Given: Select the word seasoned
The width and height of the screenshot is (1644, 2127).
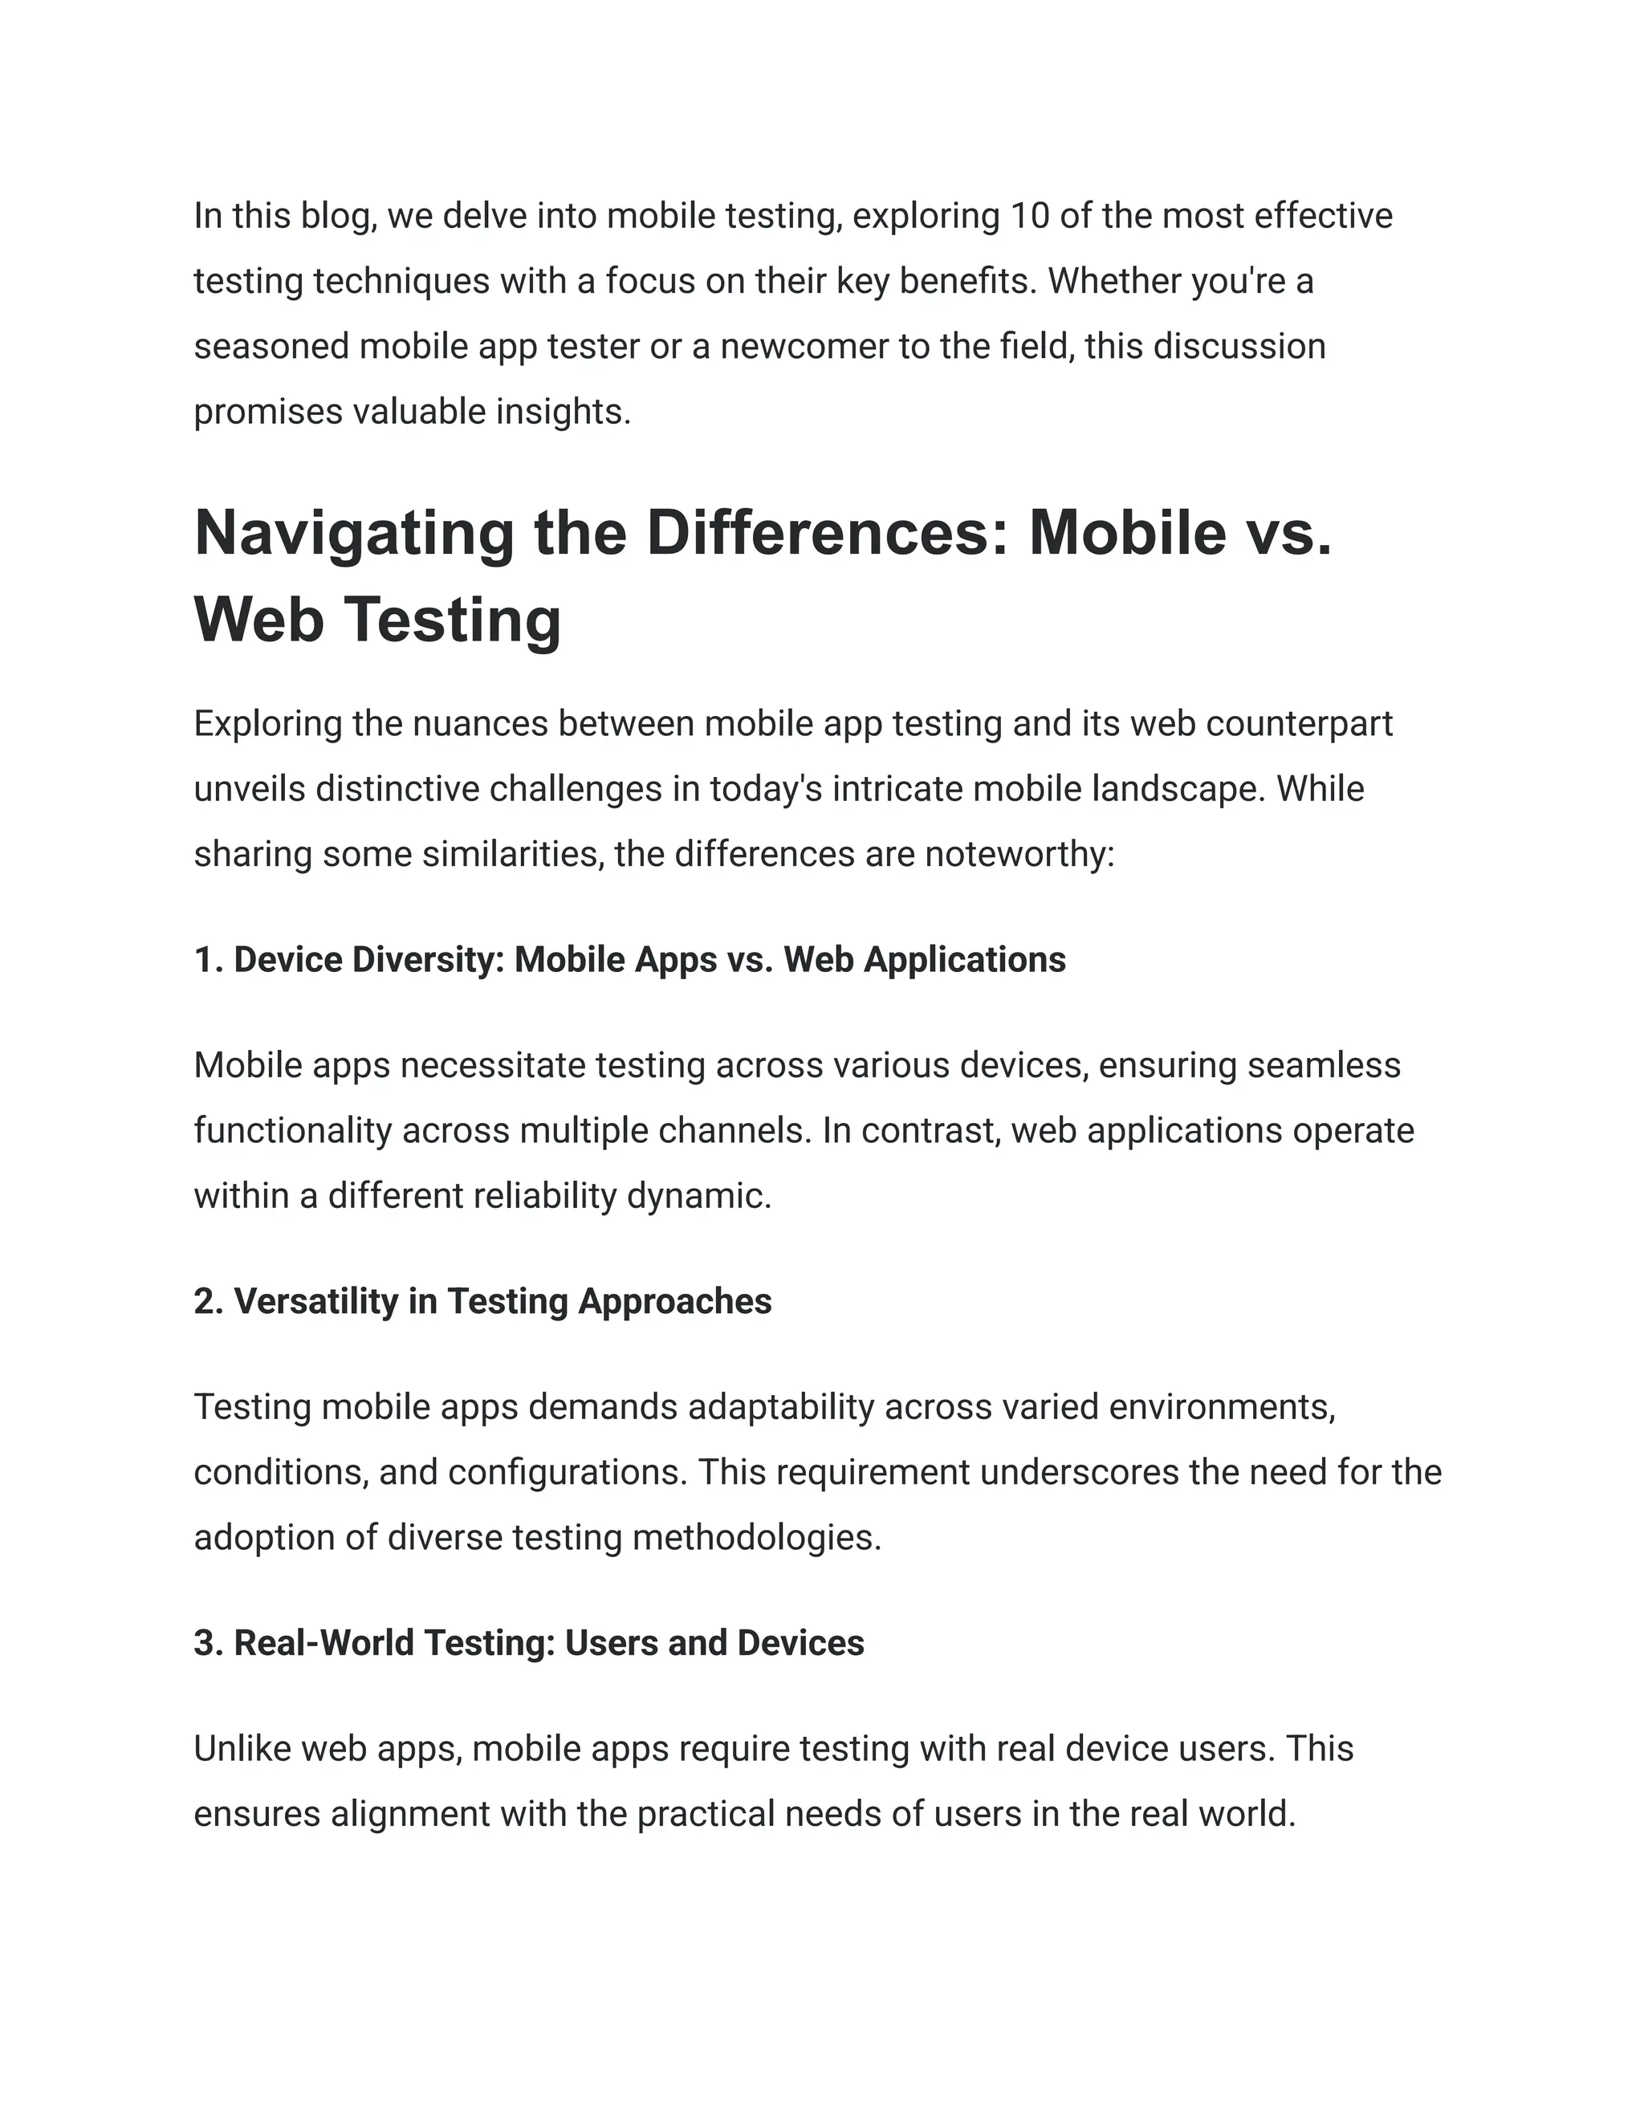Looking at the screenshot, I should (271, 347).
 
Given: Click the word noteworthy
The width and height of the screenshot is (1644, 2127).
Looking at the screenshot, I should (1019, 854).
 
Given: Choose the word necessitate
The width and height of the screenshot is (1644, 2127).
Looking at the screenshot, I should (493, 1065).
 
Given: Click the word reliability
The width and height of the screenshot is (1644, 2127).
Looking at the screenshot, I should (544, 1196).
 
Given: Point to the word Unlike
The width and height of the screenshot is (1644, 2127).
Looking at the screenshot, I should (242, 1749).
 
